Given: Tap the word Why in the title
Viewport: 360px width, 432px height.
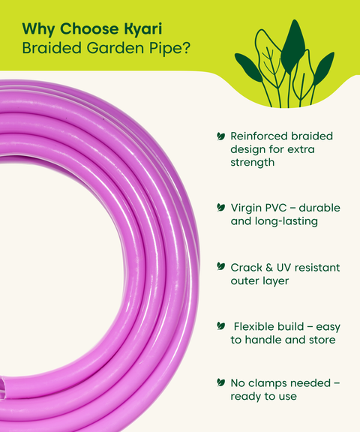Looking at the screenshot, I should [x=37, y=29].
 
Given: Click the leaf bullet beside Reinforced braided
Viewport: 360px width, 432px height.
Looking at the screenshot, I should [x=220, y=136].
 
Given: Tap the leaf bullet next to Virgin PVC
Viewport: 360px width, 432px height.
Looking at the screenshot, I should [x=220, y=207].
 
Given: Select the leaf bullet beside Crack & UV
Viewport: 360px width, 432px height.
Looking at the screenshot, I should [x=220, y=267].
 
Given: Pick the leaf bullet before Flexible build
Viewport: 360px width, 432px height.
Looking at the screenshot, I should [x=220, y=326].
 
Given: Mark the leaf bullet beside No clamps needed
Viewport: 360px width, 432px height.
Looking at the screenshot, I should [x=220, y=382].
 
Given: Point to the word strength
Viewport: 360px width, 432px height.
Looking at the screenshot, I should [x=253, y=162].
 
